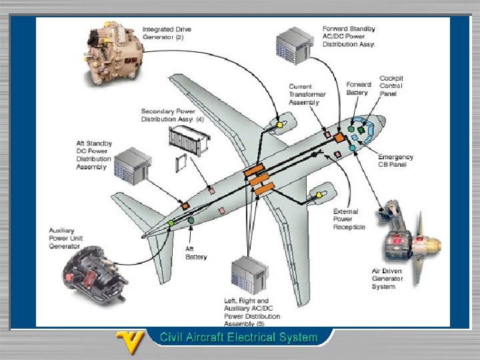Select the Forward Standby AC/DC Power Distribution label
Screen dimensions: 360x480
tap(349, 37)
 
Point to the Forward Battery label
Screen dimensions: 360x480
tap(359, 89)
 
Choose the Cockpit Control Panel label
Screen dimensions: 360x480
tap(391, 86)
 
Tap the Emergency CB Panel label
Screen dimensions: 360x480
tap(395, 161)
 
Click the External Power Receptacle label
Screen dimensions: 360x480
tap(349, 219)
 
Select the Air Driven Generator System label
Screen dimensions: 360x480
tap(388, 279)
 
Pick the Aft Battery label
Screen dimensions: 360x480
tap(196, 253)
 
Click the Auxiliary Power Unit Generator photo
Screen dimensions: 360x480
tap(95, 275)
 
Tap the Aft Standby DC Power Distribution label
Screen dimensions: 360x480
tap(93, 155)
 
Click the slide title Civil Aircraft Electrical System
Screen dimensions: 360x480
tap(238, 337)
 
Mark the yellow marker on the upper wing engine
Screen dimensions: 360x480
tap(281, 125)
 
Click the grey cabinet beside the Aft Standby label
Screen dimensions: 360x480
tap(133, 167)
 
